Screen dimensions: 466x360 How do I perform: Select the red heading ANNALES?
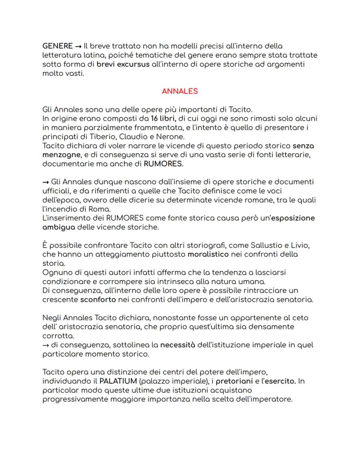tap(180, 91)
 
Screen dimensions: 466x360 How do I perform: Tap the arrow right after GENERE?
tap(79, 46)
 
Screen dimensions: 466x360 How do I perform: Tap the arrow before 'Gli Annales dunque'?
tap(46, 182)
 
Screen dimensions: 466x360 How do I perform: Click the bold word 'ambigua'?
tap(59, 227)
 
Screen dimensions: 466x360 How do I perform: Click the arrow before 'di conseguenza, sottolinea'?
tap(46, 345)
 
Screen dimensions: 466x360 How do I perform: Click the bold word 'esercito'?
tap(280, 381)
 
